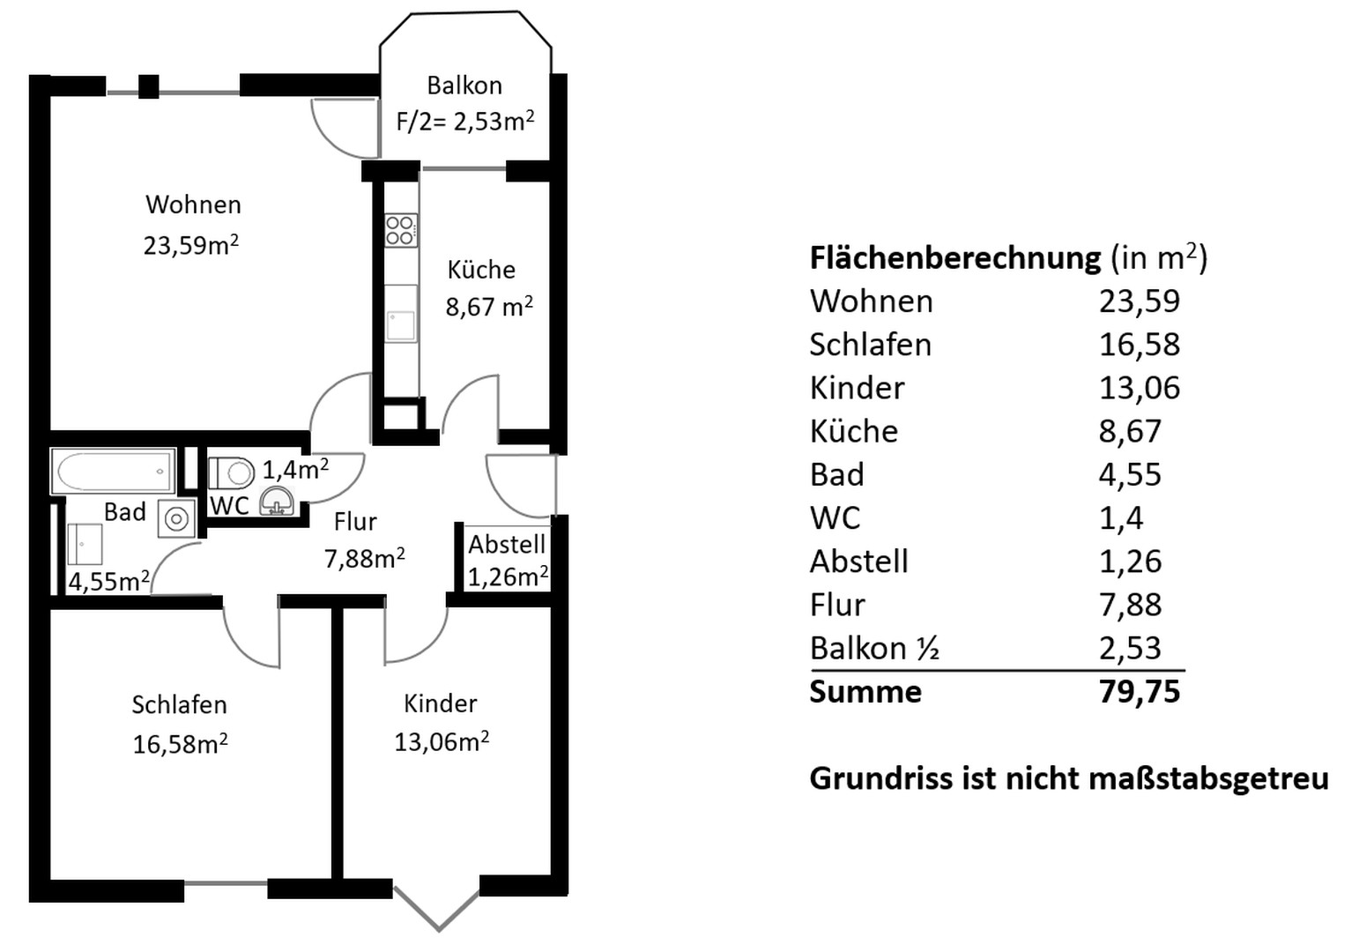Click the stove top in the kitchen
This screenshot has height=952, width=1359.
tap(400, 230)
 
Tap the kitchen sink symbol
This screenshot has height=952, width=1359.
tap(401, 313)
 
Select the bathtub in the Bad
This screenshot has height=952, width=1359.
tap(114, 472)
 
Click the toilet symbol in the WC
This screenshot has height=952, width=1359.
tap(231, 473)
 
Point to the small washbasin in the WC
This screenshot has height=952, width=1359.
tap(278, 501)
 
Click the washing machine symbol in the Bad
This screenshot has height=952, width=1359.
tap(176, 519)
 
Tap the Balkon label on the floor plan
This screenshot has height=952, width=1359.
tap(464, 86)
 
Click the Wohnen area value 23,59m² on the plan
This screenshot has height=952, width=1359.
tap(191, 244)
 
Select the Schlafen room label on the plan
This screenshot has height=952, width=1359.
tap(179, 704)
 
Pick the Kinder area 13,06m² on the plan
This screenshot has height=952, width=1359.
tap(442, 741)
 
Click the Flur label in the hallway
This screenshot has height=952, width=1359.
tap(355, 522)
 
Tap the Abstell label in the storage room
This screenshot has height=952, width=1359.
tap(507, 544)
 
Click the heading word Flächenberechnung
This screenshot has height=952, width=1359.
tap(954, 257)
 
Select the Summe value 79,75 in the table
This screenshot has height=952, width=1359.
tap(1139, 692)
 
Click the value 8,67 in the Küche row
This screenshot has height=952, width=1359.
tap(1130, 431)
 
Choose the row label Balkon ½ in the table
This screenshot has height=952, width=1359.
tap(873, 649)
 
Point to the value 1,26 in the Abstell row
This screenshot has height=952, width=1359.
tap(1130, 562)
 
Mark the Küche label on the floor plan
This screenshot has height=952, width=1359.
tap(481, 270)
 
